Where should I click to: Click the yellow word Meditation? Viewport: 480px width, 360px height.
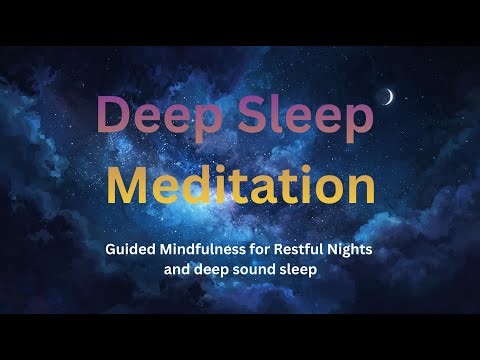coord(240,186)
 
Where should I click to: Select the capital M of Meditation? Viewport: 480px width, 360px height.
coord(129,186)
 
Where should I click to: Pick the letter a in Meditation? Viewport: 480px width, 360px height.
coord(258,189)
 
